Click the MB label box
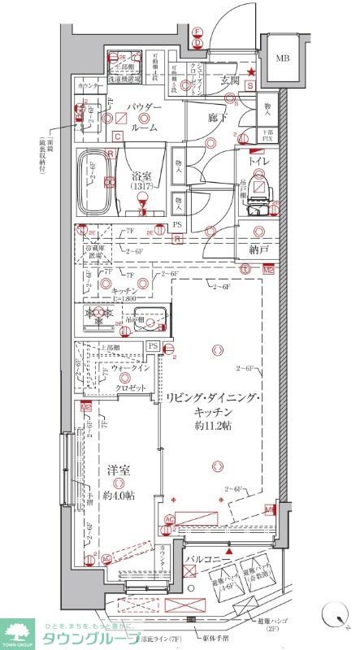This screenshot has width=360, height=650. pyautogui.click(x=281, y=58)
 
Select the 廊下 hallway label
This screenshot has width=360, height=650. pyautogui.click(x=216, y=118)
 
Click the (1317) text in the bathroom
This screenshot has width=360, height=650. pyautogui.click(x=143, y=186)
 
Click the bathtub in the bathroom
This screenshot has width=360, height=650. pyautogui.click(x=96, y=184)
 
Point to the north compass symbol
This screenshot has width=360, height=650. pyautogui.click(x=332, y=617)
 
